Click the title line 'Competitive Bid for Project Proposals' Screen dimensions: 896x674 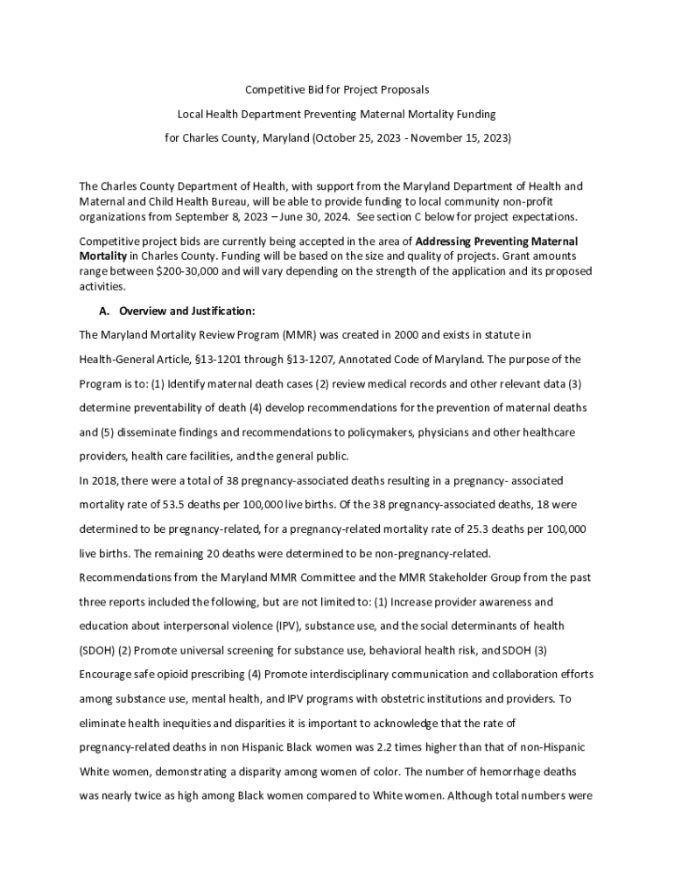[337, 90]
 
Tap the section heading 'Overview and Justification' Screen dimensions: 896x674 [186, 311]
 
